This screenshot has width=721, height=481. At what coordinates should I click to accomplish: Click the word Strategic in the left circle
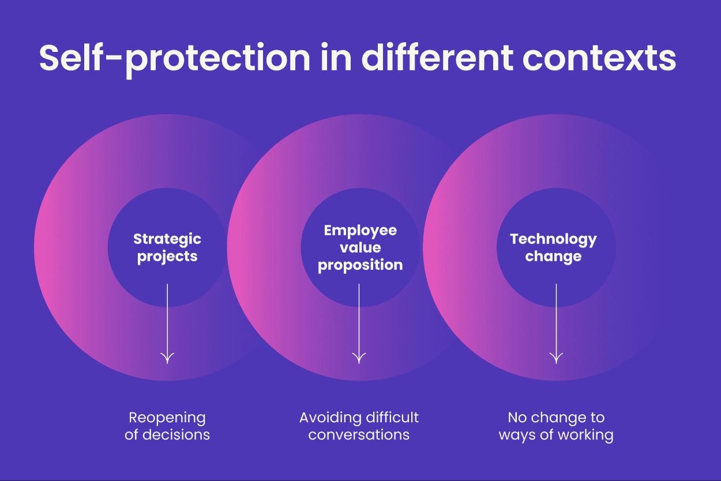pos(167,239)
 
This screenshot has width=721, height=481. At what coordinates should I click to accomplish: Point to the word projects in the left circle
pos(167,257)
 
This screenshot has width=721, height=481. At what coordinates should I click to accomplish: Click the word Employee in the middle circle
pos(360,231)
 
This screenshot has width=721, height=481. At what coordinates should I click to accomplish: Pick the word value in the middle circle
pos(360,247)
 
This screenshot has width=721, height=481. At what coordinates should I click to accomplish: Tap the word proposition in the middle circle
pos(360,265)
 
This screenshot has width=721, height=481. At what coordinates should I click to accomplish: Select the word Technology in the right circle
pos(553,239)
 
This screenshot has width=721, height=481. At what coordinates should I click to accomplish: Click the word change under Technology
pos(553,257)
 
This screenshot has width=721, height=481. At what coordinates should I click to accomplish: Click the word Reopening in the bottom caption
pos(167,418)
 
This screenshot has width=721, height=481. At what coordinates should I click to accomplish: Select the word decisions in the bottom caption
pos(177,434)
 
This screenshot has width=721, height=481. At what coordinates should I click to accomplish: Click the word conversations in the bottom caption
pos(359,434)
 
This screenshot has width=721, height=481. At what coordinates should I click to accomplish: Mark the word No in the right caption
pos(516,417)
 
